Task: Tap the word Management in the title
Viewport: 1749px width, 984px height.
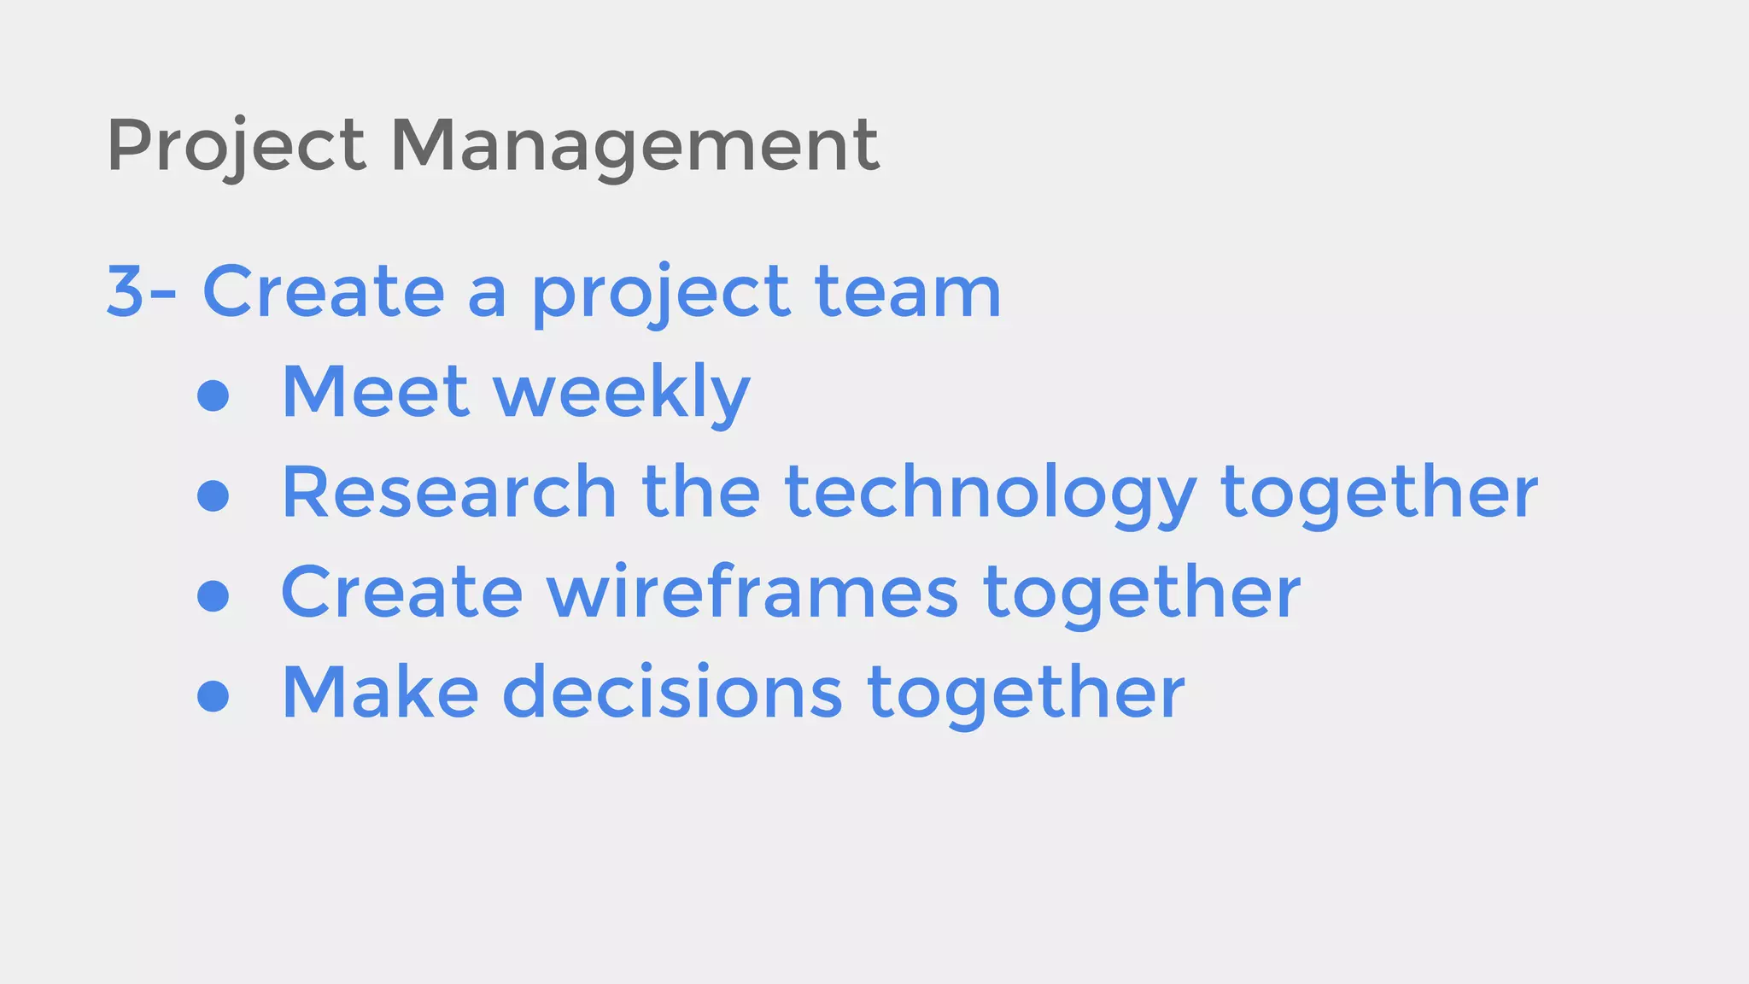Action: tap(635, 145)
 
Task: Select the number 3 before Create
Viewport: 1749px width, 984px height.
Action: tap(125, 292)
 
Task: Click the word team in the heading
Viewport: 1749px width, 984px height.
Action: tap(908, 292)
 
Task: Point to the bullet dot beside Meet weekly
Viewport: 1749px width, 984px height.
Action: tap(213, 395)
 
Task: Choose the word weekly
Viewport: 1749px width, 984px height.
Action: tap(622, 392)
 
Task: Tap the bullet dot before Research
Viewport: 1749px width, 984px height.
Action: tap(213, 495)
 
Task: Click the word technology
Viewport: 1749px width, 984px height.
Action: tap(991, 494)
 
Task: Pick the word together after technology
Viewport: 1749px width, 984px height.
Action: tap(1379, 494)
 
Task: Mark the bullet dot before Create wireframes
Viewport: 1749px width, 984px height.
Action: tap(213, 595)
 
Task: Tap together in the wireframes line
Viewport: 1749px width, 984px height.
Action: tap(1142, 594)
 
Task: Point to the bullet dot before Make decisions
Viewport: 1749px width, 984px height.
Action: tap(213, 695)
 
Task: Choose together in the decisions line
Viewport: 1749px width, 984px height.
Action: tap(1026, 694)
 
